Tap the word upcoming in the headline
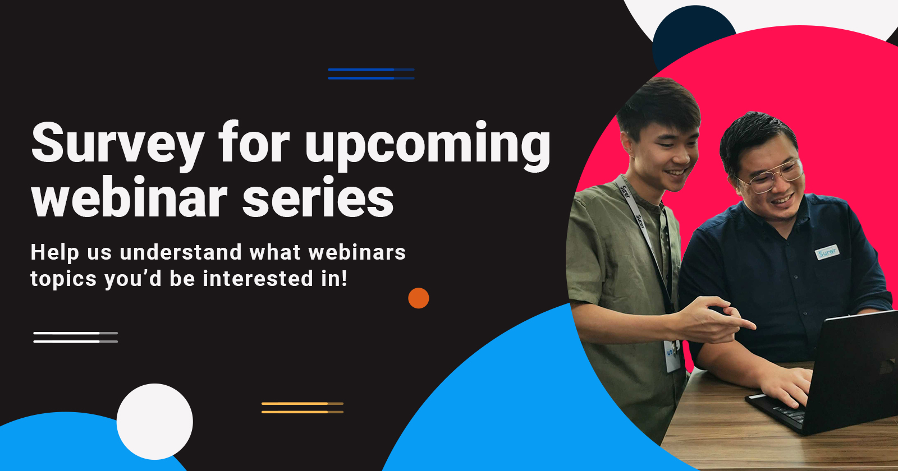click(428, 146)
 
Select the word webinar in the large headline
click(130, 197)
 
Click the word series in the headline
click(318, 198)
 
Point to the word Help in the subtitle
click(54, 253)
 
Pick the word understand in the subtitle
click(181, 252)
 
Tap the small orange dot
click(419, 298)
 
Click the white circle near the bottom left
click(155, 422)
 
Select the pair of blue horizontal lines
click(371, 73)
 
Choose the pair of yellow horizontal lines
click(303, 408)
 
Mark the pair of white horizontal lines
click(75, 337)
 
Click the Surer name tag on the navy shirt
click(827, 252)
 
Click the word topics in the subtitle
click(64, 279)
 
